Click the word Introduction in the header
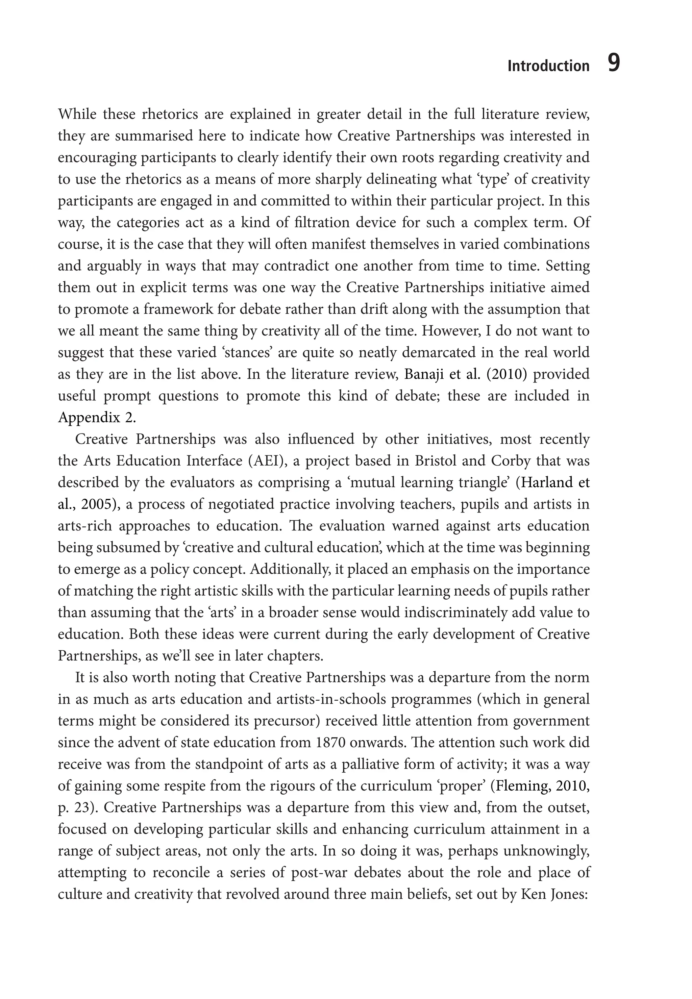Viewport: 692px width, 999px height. click(548, 66)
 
